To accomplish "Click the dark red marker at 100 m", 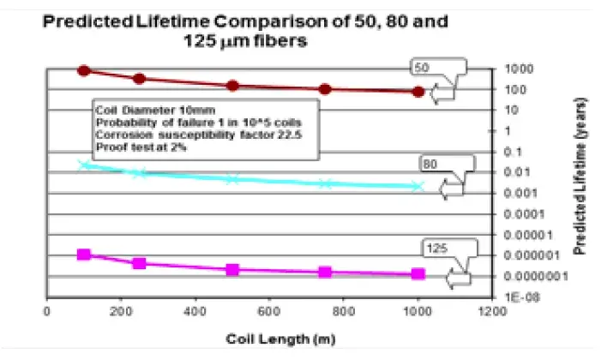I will tap(83, 70).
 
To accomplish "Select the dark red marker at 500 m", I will tap(232, 86).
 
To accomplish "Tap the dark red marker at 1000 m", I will tap(418, 92).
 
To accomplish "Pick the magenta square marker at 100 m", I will tap(83, 255).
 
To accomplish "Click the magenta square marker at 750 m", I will tap(325, 273).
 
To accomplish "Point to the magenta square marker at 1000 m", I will tap(418, 274).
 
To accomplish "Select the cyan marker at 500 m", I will tap(232, 179).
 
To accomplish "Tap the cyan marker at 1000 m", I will tap(418, 186).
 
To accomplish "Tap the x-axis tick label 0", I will tap(47, 310).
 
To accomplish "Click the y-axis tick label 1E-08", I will tap(514, 296).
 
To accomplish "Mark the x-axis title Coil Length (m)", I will tap(267, 338).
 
